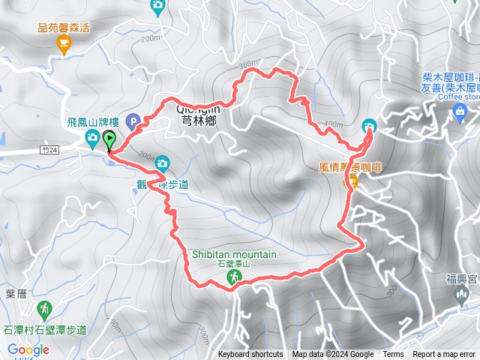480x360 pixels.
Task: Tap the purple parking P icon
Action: [x=133, y=120]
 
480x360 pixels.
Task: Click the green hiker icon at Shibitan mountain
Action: [x=234, y=278]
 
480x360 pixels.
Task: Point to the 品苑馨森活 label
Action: [x=64, y=28]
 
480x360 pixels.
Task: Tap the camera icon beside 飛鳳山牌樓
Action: [x=92, y=136]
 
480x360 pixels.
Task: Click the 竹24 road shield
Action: [x=50, y=151]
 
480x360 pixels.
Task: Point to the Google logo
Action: [x=28, y=349]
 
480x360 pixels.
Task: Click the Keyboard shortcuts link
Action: [x=250, y=355]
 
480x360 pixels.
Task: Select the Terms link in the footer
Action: [x=393, y=355]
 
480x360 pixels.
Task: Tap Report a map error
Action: [x=445, y=355]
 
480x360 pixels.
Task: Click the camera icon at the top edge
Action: [x=157, y=6]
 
